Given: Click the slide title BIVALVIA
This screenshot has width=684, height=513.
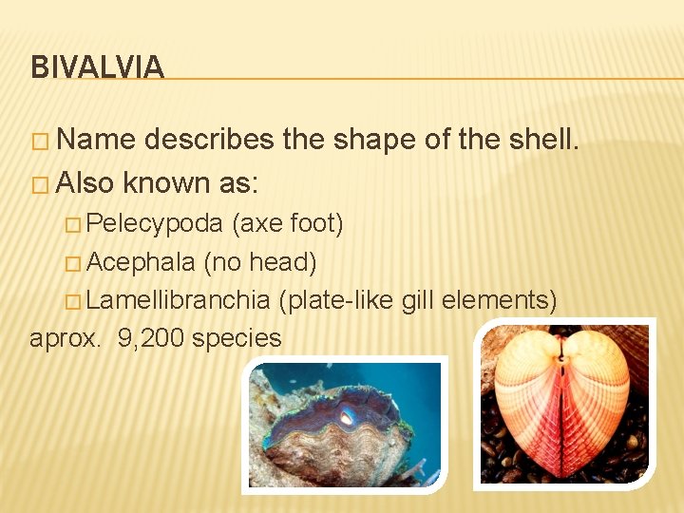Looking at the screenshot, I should [97, 67].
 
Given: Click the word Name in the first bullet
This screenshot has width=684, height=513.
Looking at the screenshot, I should [96, 140].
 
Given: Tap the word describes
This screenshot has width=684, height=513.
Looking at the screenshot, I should [210, 140].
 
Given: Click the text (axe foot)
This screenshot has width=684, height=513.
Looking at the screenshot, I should [288, 223].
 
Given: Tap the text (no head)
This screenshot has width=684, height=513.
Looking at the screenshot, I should [260, 261].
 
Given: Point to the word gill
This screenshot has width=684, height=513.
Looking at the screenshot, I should [419, 300].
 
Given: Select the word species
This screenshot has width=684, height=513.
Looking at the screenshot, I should [237, 338].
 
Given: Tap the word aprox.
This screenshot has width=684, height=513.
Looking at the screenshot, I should [64, 338].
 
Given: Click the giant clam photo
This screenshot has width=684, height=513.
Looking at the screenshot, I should [345, 425].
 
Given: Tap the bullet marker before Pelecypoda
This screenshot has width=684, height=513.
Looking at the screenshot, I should [75, 225].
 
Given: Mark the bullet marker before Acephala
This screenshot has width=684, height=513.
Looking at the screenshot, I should [75, 263].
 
